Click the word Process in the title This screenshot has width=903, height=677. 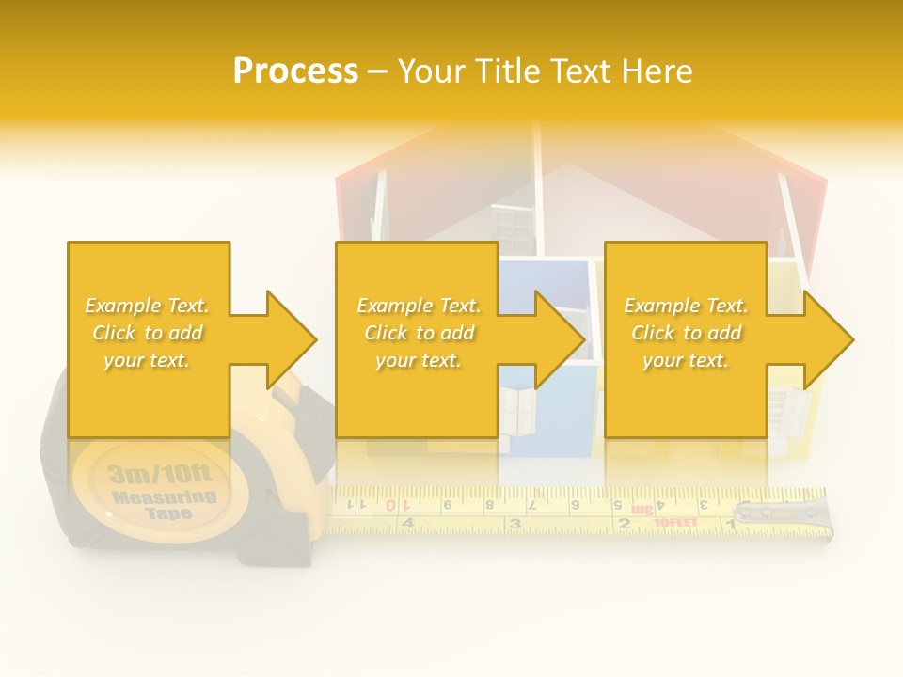pos(294,71)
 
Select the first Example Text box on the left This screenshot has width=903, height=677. pos(148,333)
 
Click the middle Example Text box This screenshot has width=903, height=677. pos(418,333)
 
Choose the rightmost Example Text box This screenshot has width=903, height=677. pos(686,333)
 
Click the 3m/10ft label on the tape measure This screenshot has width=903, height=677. pos(160,473)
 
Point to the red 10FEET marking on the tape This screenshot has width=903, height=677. pos(674,521)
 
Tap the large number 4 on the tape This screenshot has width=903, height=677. pos(406,523)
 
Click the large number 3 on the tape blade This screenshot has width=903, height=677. pos(515,523)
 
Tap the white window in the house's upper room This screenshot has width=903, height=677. pos(513,230)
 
